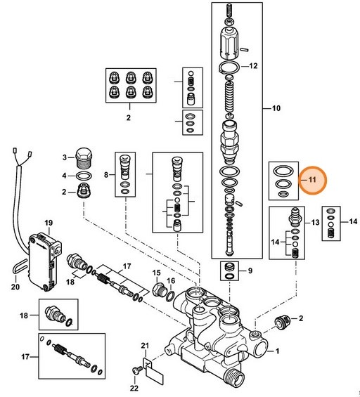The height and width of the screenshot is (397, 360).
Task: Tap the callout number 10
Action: pyautogui.click(x=276, y=109)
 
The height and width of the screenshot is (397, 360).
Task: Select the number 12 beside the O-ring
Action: pyautogui.click(x=254, y=65)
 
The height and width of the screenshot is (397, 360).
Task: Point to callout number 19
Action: pyautogui.click(x=49, y=223)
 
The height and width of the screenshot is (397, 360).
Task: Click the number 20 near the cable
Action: pyautogui.click(x=15, y=287)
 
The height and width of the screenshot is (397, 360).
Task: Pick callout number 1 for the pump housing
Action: pyautogui.click(x=277, y=350)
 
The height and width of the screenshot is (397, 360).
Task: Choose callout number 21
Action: pyautogui.click(x=146, y=346)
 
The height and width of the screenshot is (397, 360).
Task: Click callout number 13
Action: pyautogui.click(x=315, y=222)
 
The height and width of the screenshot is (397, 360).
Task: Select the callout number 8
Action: pyautogui.click(x=108, y=174)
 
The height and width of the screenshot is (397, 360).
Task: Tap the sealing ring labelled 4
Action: pyautogui.click(x=83, y=176)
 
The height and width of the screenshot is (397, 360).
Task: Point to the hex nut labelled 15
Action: pyautogui.click(x=156, y=288)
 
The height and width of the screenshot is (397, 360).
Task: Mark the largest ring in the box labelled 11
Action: pyautogui.click(x=283, y=171)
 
